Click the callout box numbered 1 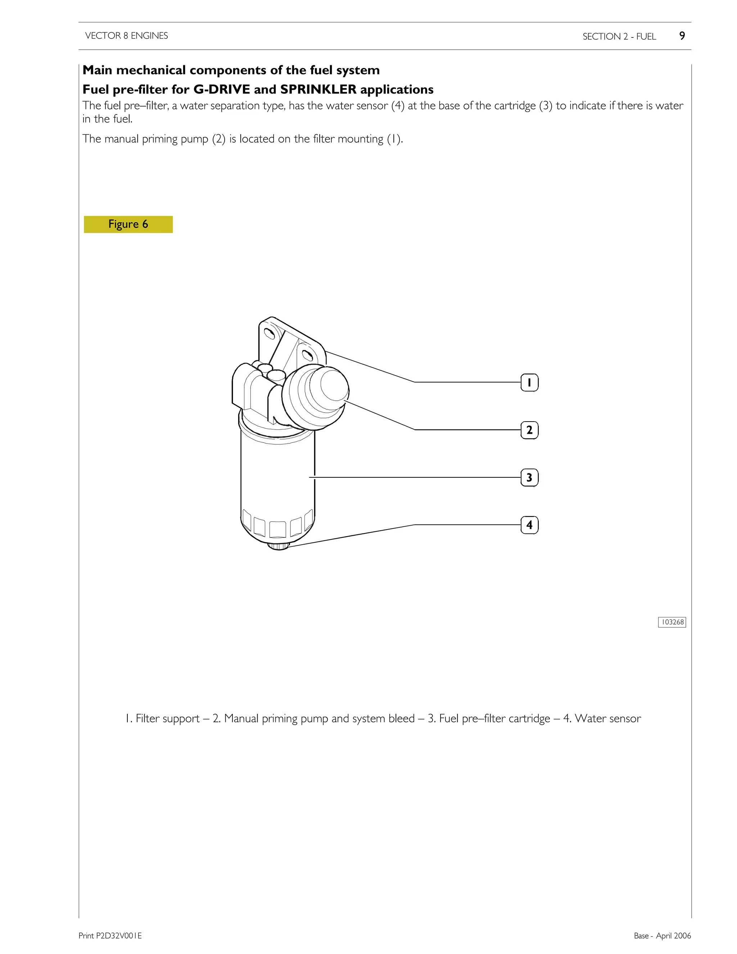[529, 383]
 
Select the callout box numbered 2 [529, 430]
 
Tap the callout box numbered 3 [529, 477]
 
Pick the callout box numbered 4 [529, 525]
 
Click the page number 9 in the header [682, 36]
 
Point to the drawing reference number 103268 [672, 622]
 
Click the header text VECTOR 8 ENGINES [127, 36]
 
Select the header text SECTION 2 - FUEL [619, 36]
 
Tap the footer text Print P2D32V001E [110, 936]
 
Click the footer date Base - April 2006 [663, 936]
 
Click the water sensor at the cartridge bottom [279, 546]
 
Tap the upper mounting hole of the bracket [270, 334]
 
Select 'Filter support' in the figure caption [168, 719]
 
